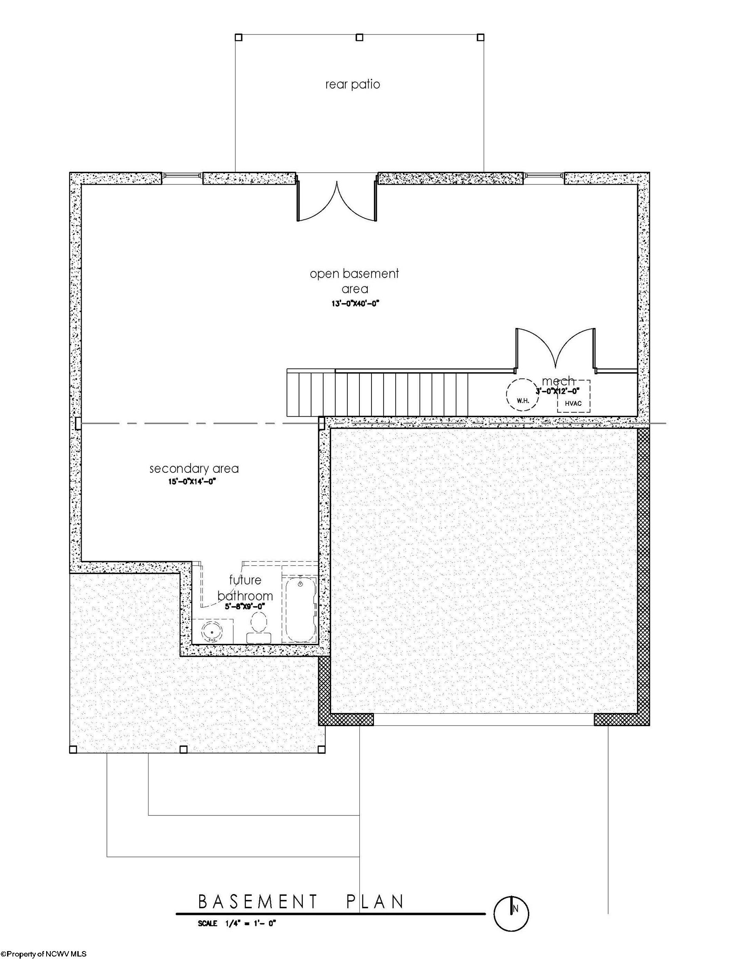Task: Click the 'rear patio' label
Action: coord(353,84)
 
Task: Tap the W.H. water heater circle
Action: coord(523,394)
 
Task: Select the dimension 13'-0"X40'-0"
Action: coord(354,303)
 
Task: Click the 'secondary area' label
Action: coord(194,469)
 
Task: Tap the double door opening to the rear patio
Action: coord(337,199)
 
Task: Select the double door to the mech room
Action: coord(556,348)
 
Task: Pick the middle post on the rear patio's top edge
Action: coord(359,37)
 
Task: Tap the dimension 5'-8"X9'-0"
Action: coord(245,606)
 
